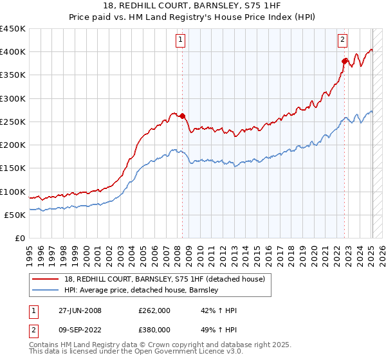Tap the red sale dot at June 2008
coord(182,116)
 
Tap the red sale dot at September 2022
coord(345,61)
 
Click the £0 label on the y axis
coord(19,239)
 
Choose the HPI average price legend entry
coord(142,291)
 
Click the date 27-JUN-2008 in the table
coord(80,310)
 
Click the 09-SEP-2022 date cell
coord(80,330)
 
